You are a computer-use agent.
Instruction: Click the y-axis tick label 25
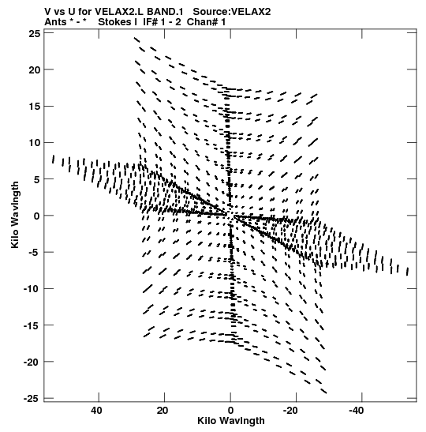click(x=35, y=34)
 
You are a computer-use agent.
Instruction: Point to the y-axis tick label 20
click(x=35, y=70)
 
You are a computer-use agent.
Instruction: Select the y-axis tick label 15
click(x=35, y=107)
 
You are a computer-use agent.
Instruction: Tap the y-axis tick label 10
click(x=35, y=143)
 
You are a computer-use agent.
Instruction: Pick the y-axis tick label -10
click(x=32, y=289)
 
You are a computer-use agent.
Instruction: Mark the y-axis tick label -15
click(x=32, y=325)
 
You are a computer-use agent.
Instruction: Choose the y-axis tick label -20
click(x=32, y=362)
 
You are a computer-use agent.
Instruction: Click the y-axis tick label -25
click(x=32, y=399)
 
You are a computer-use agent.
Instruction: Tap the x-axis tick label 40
click(x=96, y=411)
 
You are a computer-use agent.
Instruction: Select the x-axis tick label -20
click(x=290, y=411)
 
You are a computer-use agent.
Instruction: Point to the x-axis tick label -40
click(x=357, y=411)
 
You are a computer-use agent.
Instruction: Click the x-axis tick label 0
click(x=230, y=411)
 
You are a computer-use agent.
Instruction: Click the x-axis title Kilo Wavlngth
click(x=231, y=421)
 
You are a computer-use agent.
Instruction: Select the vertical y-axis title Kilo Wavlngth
click(x=15, y=215)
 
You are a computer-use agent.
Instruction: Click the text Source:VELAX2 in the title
click(x=232, y=12)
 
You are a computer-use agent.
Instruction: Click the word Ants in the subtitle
click(x=55, y=22)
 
